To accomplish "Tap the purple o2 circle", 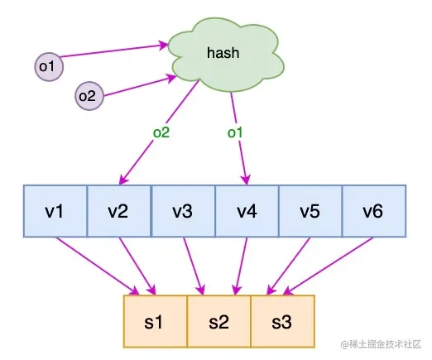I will pos(87,96).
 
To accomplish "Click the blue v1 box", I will pos(55,212).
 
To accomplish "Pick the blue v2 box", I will pos(119,212).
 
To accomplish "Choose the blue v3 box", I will pos(183,212).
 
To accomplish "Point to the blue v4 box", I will pos(247,212).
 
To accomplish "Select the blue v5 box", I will pos(310,212).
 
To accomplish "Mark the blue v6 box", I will pos(374,212).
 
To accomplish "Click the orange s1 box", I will pos(155,321).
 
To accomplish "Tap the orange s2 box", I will pos(218,321).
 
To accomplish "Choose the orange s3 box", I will pos(282,321).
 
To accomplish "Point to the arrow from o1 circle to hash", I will pos(112,49).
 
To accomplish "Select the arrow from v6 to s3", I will pos(331,265).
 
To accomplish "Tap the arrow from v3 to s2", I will pos(192,265).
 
